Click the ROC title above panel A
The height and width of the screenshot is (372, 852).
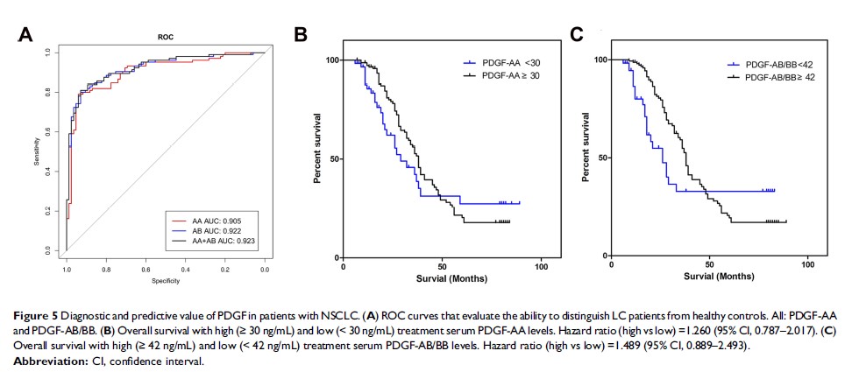[165, 38]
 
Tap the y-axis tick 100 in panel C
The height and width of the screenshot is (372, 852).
[600, 60]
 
